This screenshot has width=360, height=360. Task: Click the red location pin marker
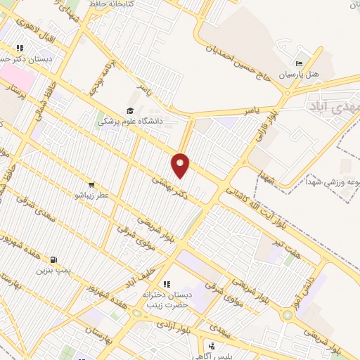[x=181, y=165]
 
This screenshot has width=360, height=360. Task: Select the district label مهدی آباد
[x=334, y=105]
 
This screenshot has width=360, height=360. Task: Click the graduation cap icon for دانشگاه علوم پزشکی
[x=129, y=110]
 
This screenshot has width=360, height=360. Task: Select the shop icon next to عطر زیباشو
[x=91, y=184]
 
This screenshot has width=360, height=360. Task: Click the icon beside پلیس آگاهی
[x=212, y=345]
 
